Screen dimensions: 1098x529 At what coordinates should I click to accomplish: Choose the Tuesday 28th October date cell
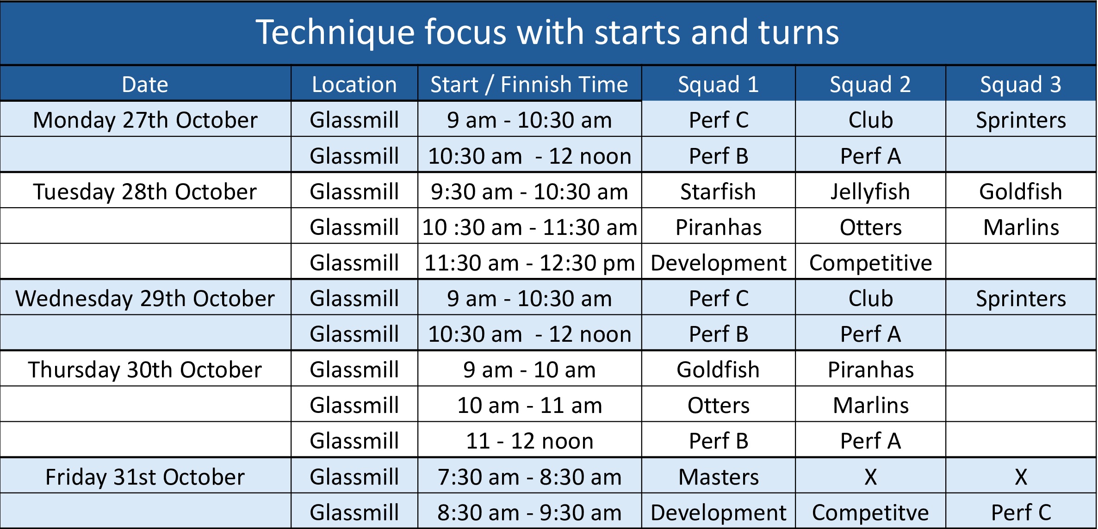[x=145, y=191]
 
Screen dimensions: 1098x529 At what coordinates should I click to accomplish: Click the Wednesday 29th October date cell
[x=145, y=298]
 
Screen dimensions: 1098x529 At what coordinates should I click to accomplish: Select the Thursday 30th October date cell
[x=145, y=369]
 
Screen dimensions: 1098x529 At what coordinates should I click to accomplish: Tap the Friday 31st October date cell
[x=145, y=477]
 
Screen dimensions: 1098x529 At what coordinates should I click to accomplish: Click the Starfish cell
[x=718, y=191]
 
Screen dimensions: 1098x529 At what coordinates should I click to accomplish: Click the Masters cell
[x=719, y=477]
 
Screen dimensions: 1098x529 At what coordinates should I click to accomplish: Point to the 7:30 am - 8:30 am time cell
[x=530, y=477]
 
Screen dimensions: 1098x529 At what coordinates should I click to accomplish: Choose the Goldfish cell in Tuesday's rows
[x=1021, y=191]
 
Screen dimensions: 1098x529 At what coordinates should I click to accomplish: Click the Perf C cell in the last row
[x=1021, y=512]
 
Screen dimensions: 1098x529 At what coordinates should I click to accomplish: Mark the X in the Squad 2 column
[x=870, y=477]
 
